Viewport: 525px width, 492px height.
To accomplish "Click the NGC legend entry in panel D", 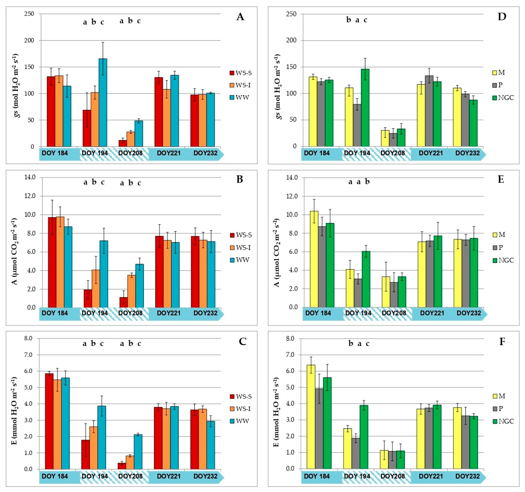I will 503,98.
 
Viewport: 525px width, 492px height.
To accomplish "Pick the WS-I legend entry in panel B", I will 240,248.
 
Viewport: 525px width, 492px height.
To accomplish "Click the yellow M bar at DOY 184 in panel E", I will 314,259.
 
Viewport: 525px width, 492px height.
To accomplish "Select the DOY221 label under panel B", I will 169,313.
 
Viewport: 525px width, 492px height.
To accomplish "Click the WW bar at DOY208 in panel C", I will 138,452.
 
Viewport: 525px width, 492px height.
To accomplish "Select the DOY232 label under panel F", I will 467,476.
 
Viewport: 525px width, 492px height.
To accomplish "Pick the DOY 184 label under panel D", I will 317,153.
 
